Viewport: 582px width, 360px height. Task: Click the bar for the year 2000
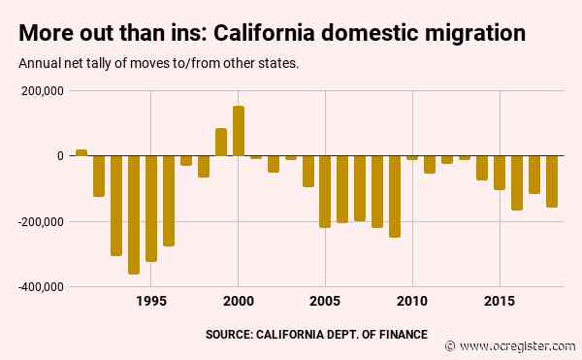coord(239,131)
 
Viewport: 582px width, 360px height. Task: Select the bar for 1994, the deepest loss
coord(134,214)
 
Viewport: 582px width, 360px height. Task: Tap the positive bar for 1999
coord(221,142)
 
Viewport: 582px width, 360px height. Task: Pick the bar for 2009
coord(395,196)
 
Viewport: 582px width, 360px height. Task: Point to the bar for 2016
coord(517,182)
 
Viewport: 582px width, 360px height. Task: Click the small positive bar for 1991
coord(81,152)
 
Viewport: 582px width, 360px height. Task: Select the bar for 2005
coord(325,191)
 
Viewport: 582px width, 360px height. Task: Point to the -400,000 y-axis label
coord(40,287)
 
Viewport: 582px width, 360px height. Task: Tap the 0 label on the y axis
coord(59,156)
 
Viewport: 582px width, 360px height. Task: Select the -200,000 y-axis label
coord(40,221)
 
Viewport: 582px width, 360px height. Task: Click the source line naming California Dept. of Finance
coord(316,334)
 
